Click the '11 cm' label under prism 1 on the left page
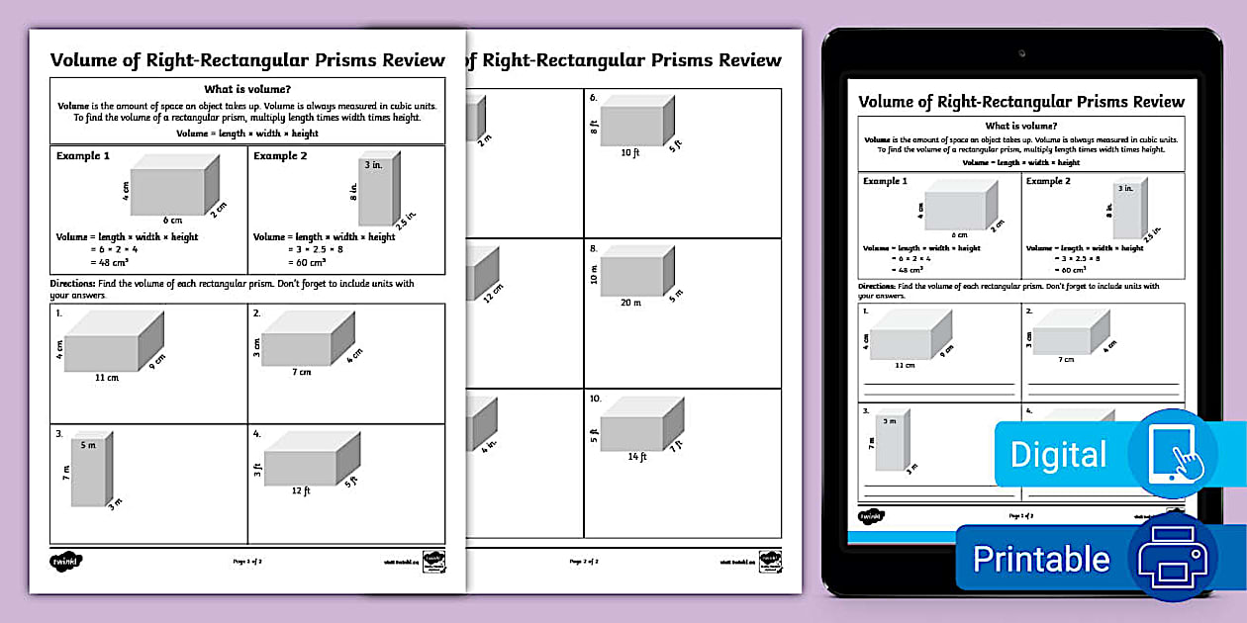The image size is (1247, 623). [107, 378]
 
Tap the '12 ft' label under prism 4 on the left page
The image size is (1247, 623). [301, 490]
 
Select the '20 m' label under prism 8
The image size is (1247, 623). [630, 303]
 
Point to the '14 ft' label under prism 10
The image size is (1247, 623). [637, 456]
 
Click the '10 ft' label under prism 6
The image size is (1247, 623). [630, 152]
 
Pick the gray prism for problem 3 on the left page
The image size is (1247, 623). [89, 469]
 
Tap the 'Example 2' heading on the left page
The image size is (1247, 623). [280, 156]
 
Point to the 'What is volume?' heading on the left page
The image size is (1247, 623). [247, 88]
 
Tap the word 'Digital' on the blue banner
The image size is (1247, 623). [1058, 455]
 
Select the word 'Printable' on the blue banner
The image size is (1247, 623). [1041, 559]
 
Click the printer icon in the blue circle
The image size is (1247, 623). [1173, 556]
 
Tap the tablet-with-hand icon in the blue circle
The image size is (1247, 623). [1173, 452]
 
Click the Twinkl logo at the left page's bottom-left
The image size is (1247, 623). [66, 560]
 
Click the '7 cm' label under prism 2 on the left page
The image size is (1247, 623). [301, 373]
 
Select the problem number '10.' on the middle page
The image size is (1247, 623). [595, 399]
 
